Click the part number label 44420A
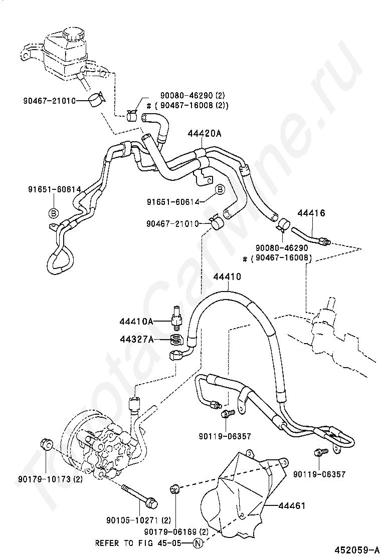pos(205,133)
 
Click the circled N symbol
pos(198,543)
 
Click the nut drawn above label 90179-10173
pos(46,444)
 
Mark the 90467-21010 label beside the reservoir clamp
pos(49,101)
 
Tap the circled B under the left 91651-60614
pos(53,213)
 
